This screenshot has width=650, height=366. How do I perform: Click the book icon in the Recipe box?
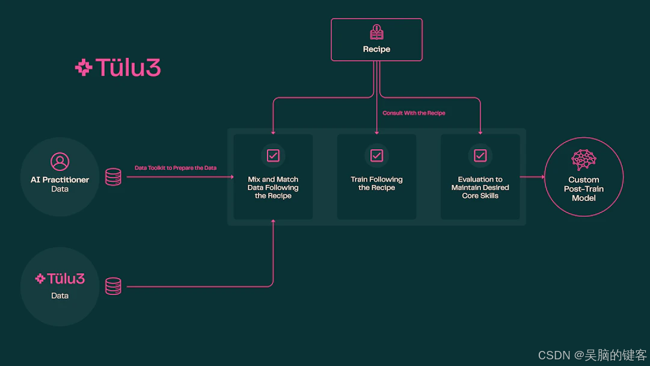pyautogui.click(x=376, y=33)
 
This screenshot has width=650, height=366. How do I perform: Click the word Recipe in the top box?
pyautogui.click(x=376, y=49)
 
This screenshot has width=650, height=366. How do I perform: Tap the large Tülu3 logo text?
pyautogui.click(x=118, y=68)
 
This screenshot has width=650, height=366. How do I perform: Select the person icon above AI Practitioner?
pyautogui.click(x=60, y=161)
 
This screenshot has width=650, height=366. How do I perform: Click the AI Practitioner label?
pyautogui.click(x=60, y=179)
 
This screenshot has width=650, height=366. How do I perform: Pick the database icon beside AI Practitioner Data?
pyautogui.click(x=113, y=177)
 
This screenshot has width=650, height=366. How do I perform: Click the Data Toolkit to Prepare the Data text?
pyautogui.click(x=176, y=168)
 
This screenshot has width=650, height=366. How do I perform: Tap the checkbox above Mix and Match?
pyautogui.click(x=273, y=155)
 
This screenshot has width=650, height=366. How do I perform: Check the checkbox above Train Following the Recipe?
pyautogui.click(x=376, y=155)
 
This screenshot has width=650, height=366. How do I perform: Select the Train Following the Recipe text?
pyautogui.click(x=376, y=184)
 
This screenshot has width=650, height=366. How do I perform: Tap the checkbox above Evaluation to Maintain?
pyautogui.click(x=480, y=155)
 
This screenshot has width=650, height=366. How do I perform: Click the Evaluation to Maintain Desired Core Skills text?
pyautogui.click(x=480, y=187)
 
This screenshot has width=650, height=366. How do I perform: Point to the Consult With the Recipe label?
pyautogui.click(x=414, y=113)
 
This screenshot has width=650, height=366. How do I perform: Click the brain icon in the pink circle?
pyautogui.click(x=583, y=160)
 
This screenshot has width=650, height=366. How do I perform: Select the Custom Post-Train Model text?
pyautogui.click(x=583, y=188)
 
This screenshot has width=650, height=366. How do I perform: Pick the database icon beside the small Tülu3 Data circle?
pyautogui.click(x=113, y=286)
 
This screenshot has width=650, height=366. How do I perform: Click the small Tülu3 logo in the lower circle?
pyautogui.click(x=60, y=279)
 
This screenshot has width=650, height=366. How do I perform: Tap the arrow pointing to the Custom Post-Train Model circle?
pyautogui.click(x=533, y=177)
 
